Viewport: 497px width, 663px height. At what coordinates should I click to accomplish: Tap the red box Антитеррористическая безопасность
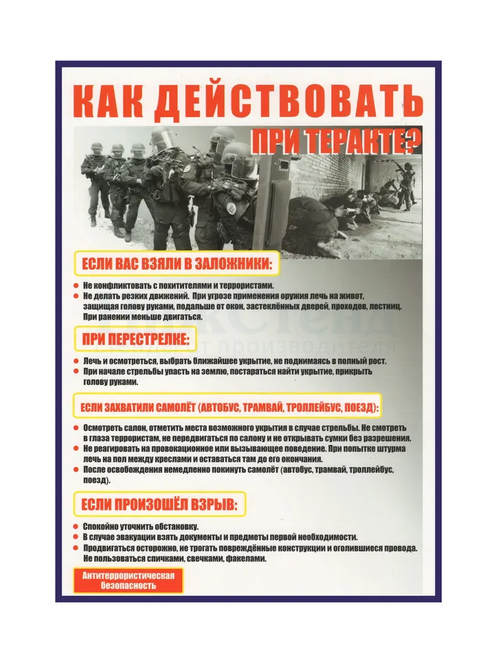128,581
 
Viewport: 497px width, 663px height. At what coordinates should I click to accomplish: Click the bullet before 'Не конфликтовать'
76,286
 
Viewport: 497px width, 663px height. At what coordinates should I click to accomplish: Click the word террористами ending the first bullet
246,286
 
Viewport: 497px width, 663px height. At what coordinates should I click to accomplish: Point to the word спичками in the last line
158,559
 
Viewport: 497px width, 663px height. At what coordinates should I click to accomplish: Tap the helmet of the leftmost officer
97,146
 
